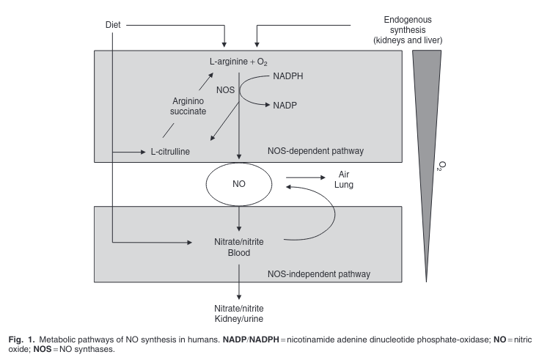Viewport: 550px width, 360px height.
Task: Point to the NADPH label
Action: pyautogui.click(x=290, y=76)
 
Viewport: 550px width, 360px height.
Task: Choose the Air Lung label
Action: pyautogui.click(x=345, y=180)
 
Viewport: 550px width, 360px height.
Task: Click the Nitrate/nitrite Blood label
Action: pyautogui.click(x=240, y=246)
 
